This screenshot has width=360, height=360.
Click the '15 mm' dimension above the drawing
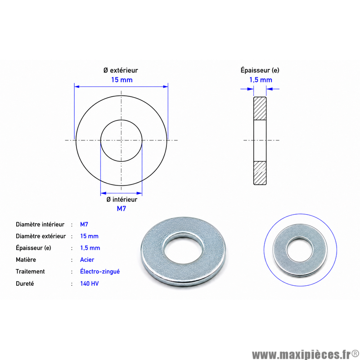click(x=121, y=80)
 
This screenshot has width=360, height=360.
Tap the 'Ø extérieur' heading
click(x=121, y=70)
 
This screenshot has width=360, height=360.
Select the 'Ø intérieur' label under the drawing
click(x=121, y=199)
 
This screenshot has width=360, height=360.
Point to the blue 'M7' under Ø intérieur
click(x=121, y=209)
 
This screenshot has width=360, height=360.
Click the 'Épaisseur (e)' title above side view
click(x=260, y=70)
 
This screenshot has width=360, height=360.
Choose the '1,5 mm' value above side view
click(x=261, y=80)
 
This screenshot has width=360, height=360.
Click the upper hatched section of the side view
click(x=260, y=108)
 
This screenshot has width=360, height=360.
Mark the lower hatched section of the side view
click(x=260, y=173)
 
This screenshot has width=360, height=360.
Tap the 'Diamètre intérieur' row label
click(x=40, y=224)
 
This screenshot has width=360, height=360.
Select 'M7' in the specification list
click(x=84, y=224)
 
